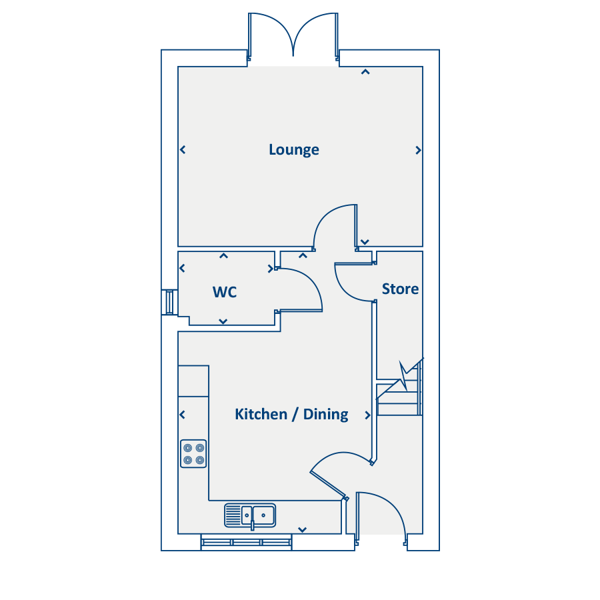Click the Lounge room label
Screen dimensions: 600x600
(294, 149)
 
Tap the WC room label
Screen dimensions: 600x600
(225, 292)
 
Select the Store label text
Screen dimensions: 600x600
(400, 289)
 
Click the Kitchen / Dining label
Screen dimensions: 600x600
(291, 414)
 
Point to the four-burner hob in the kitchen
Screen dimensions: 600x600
(193, 454)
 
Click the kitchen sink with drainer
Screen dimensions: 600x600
(250, 515)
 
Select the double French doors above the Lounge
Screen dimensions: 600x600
(293, 37)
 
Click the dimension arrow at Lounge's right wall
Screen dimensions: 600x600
(418, 150)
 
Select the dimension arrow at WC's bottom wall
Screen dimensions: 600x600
(223, 321)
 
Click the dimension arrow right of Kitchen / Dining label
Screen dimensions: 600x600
(367, 415)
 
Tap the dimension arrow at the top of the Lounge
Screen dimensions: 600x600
(365, 72)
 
